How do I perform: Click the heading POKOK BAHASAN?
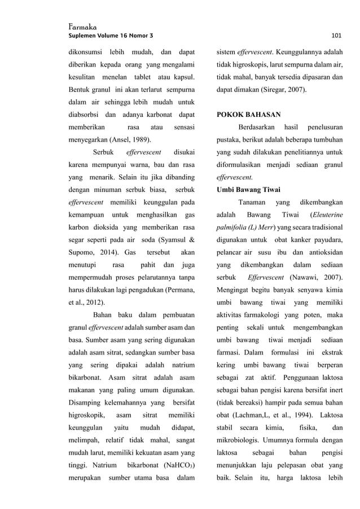coord(249,114)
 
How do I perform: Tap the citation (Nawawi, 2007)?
coord(316,278)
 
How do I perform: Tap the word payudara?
coord(330,240)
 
